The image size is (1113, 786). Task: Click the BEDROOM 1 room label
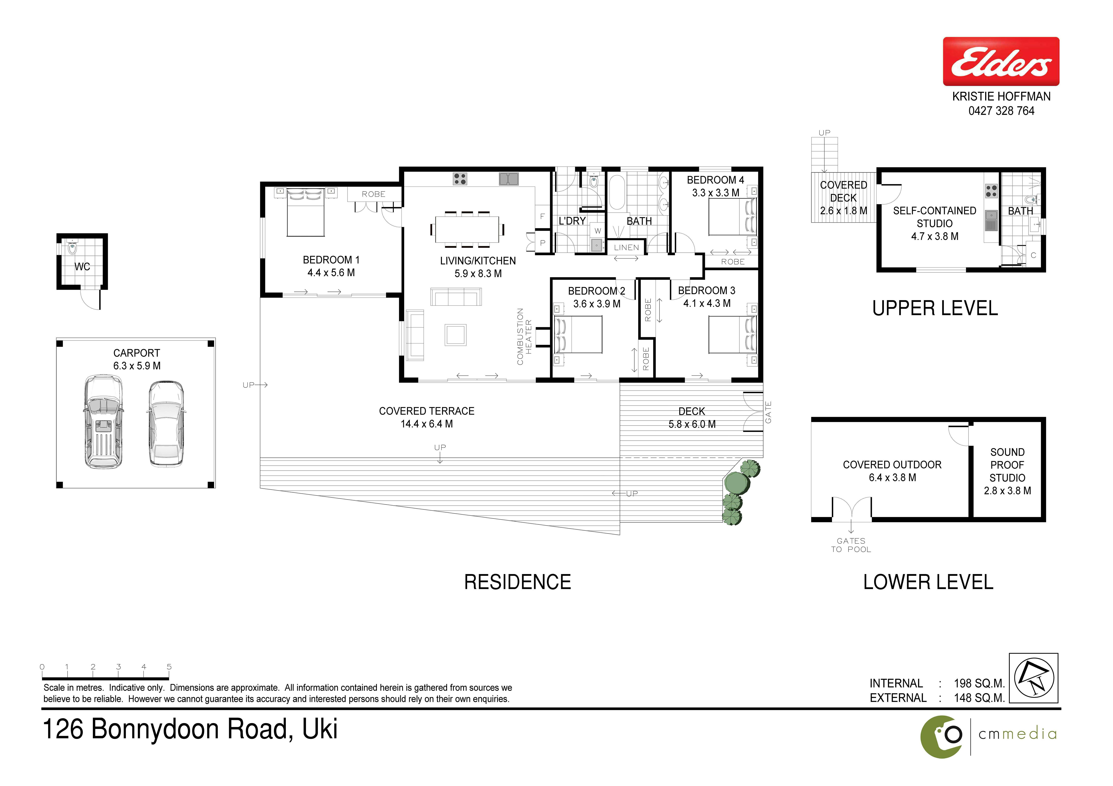[331, 260]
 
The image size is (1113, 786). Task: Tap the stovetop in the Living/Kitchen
[460, 179]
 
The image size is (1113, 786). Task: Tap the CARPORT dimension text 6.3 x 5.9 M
[137, 366]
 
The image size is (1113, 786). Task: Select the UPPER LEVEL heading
[935, 308]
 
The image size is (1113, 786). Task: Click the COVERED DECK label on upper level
[844, 191]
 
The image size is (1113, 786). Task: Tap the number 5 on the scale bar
[169, 667]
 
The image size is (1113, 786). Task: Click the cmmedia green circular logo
[941, 737]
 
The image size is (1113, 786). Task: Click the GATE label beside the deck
[768, 412]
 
